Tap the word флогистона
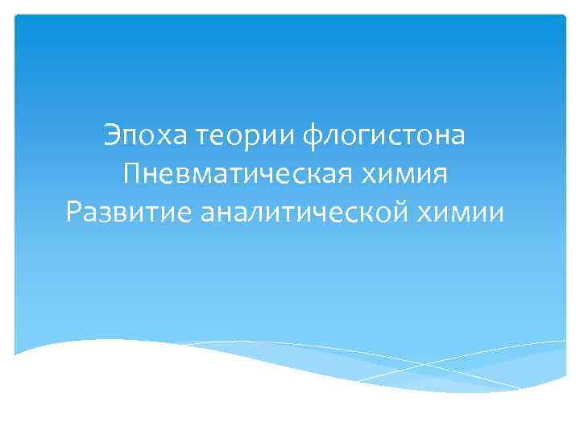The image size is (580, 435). (x=384, y=136)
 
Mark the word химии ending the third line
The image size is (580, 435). (x=469, y=213)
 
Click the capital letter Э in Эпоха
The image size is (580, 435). (x=111, y=135)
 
